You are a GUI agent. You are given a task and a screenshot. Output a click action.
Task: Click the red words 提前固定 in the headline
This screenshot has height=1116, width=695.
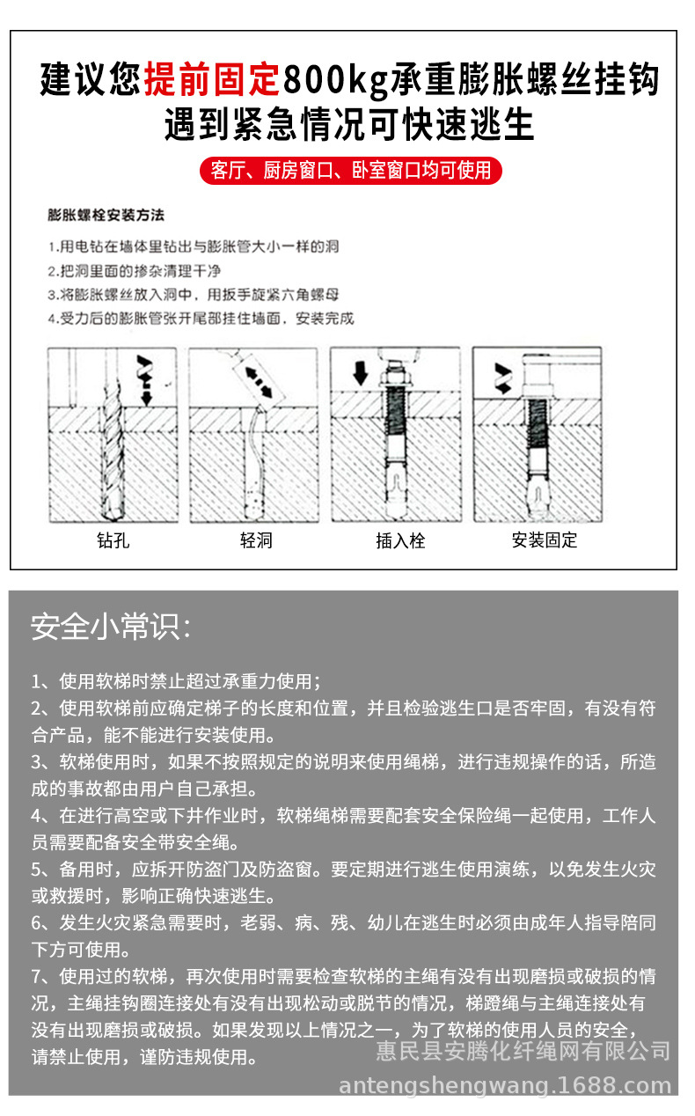(211, 80)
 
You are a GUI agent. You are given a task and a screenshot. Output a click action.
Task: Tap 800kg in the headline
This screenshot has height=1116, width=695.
(334, 80)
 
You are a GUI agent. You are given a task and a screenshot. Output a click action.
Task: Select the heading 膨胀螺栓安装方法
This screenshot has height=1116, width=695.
(106, 215)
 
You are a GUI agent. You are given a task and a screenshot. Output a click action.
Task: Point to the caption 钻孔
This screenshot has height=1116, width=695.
(113, 540)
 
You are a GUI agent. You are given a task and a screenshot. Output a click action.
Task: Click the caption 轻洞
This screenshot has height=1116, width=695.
(256, 540)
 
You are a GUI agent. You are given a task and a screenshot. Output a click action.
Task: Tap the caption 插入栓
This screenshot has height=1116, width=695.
(400, 540)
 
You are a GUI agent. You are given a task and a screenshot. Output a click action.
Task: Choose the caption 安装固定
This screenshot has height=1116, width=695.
(545, 540)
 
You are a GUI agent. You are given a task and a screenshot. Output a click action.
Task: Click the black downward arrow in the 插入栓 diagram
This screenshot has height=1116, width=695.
(360, 371)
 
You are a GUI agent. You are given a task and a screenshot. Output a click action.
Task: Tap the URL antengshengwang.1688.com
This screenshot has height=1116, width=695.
(504, 1085)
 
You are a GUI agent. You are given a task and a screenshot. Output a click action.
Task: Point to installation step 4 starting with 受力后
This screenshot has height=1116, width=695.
(201, 319)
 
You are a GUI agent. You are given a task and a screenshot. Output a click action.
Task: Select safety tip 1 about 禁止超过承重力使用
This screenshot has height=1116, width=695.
(176, 681)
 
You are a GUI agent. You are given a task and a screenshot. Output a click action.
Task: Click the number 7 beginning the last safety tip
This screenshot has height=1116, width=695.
(36, 976)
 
